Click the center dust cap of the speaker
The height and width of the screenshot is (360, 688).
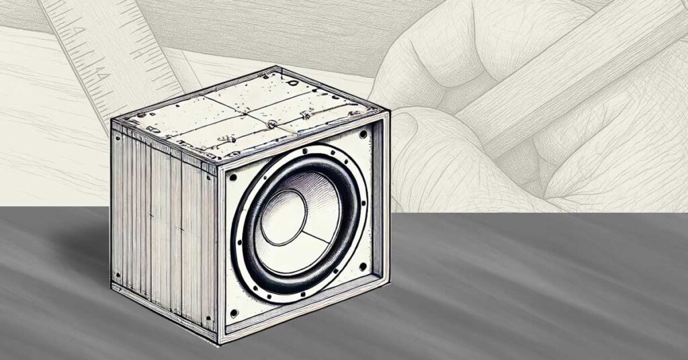click(283, 218)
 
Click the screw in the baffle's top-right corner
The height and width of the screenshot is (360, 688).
click(363, 134)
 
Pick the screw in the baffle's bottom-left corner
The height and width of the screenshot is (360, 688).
click(233, 312)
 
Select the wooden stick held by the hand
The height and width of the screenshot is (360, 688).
click(564, 74)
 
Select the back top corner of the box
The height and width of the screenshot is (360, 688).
click(275, 67)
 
